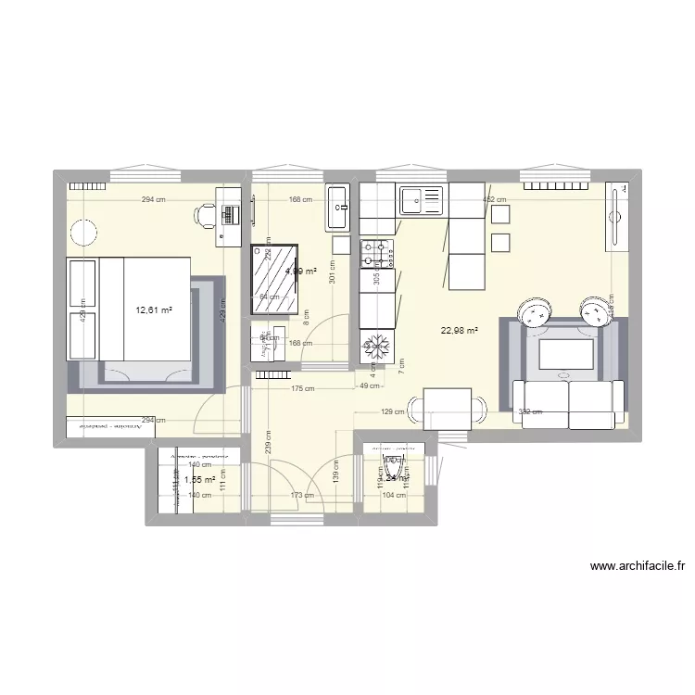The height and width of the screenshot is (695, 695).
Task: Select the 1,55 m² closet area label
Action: pos(199,480)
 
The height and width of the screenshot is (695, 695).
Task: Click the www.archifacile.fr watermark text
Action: pos(636,567)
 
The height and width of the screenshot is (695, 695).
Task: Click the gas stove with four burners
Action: pos(377,249)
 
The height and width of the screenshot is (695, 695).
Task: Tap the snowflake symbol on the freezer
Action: pos(377,347)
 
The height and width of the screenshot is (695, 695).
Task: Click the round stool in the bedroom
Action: pos(85,231)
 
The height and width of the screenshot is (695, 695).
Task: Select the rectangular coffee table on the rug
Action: pos(566,355)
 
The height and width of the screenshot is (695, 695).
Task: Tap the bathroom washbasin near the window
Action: pos(337,208)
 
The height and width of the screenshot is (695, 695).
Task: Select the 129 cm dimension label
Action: pos(393,411)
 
